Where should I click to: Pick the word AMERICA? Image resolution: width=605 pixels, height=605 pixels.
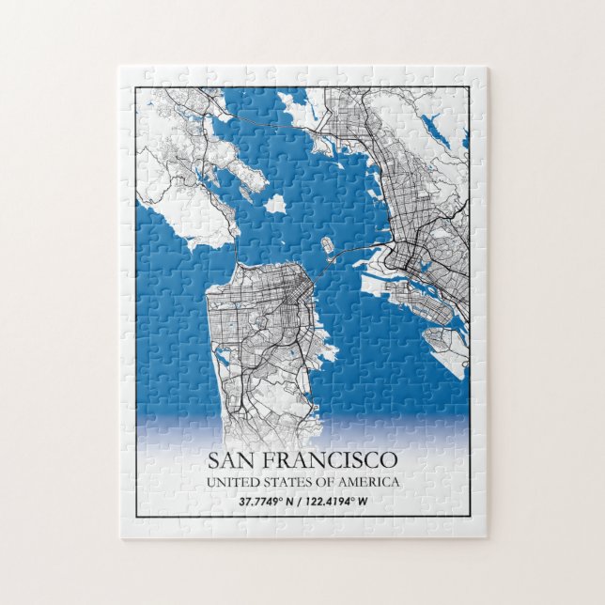pyautogui.click(x=372, y=482)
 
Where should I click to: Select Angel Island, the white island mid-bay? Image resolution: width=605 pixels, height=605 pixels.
pyautogui.click(x=274, y=203)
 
